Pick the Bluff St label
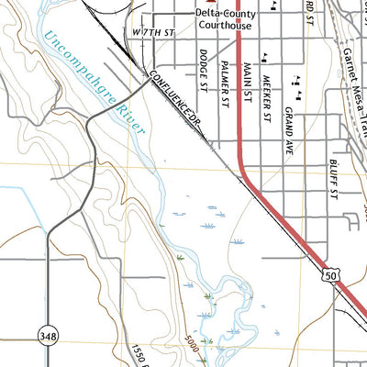tap(331, 183)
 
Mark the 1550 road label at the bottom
tap(137, 354)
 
